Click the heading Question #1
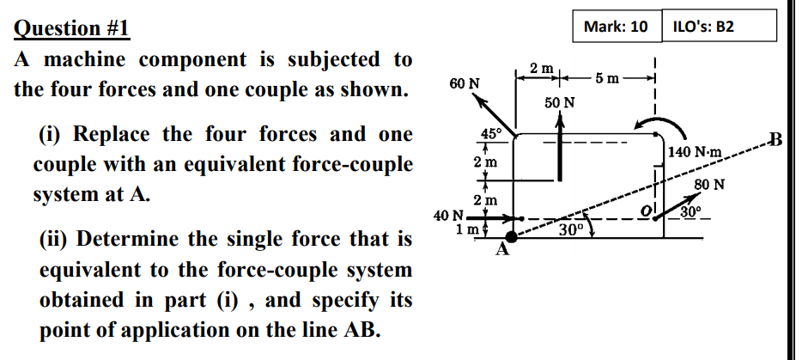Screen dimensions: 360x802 72,27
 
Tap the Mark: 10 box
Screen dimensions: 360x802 615,27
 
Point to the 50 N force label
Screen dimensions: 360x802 560,102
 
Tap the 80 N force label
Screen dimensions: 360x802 709,183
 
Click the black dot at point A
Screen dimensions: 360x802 513,235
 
